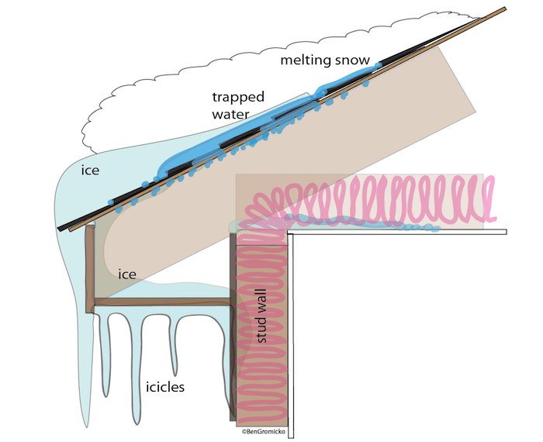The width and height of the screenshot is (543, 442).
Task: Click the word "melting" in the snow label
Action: tap(303, 60)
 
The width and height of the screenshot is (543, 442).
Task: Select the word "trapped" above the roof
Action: tap(238, 97)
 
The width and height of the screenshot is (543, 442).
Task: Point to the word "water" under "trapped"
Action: tap(230, 114)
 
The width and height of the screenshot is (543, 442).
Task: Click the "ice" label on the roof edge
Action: tap(90, 171)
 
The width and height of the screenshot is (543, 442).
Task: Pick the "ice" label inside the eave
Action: tap(127, 275)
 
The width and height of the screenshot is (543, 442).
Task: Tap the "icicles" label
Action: tap(164, 387)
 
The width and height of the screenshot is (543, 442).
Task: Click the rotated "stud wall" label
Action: tap(262, 316)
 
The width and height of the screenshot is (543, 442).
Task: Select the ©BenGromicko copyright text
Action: tap(264, 431)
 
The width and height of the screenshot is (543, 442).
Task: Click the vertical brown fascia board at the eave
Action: tap(90, 269)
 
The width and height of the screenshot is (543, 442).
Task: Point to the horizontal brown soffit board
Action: tap(162, 302)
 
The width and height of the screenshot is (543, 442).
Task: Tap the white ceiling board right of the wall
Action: tap(397, 232)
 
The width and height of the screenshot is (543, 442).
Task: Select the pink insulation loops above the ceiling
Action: tap(371, 201)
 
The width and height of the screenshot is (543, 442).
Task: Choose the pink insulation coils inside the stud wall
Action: tap(262, 329)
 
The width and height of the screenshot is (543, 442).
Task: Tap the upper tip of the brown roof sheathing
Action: tap(505, 9)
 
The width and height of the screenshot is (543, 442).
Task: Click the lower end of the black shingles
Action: tap(60, 229)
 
